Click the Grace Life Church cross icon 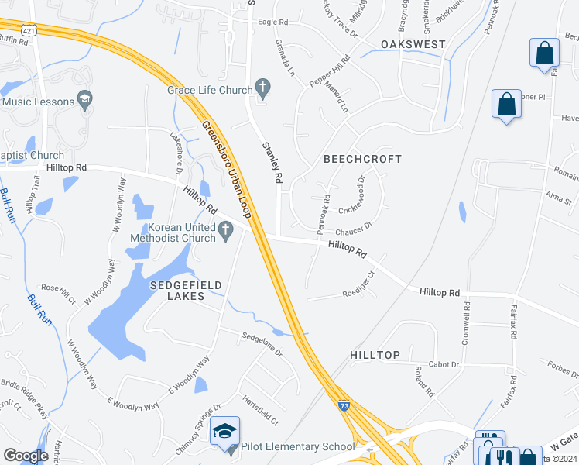tap(262, 90)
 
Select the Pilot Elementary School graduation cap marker tap(225, 432)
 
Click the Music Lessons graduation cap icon tap(84, 102)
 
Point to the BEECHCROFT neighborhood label tap(362, 159)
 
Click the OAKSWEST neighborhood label tap(413, 44)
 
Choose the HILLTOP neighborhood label tap(375, 355)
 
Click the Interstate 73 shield tap(344, 405)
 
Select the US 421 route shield tap(29, 30)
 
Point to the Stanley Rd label tap(272, 161)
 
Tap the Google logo tap(26, 455)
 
